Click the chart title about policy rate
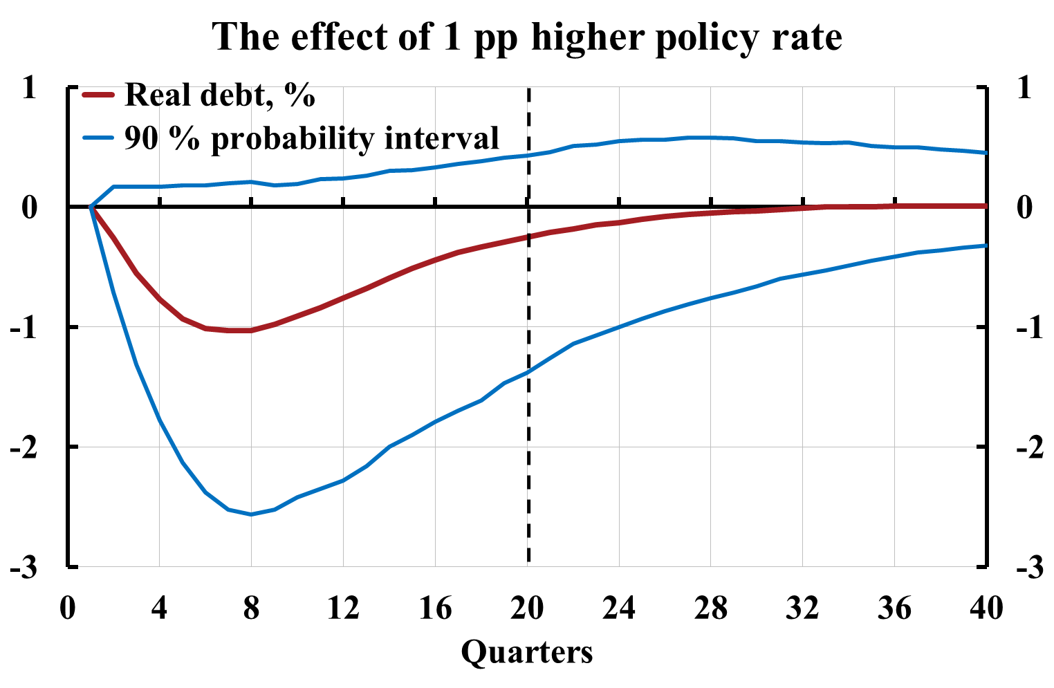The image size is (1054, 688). (527, 36)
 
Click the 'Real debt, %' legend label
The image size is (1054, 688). (220, 95)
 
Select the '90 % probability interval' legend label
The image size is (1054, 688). (312, 138)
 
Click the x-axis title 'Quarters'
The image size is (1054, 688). (527, 651)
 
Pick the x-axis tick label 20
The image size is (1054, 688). (527, 608)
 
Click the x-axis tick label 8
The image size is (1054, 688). (251, 608)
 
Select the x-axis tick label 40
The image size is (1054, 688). (986, 608)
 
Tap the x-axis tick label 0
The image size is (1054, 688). (67, 608)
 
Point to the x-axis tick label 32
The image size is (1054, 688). (803, 608)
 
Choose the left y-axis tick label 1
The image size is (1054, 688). (28, 88)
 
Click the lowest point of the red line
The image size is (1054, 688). (239, 331)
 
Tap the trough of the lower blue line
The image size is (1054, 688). (251, 514)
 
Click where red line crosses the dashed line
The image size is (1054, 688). (528, 236)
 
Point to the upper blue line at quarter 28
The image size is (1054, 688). (711, 138)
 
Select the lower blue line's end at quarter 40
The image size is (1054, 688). (986, 245)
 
